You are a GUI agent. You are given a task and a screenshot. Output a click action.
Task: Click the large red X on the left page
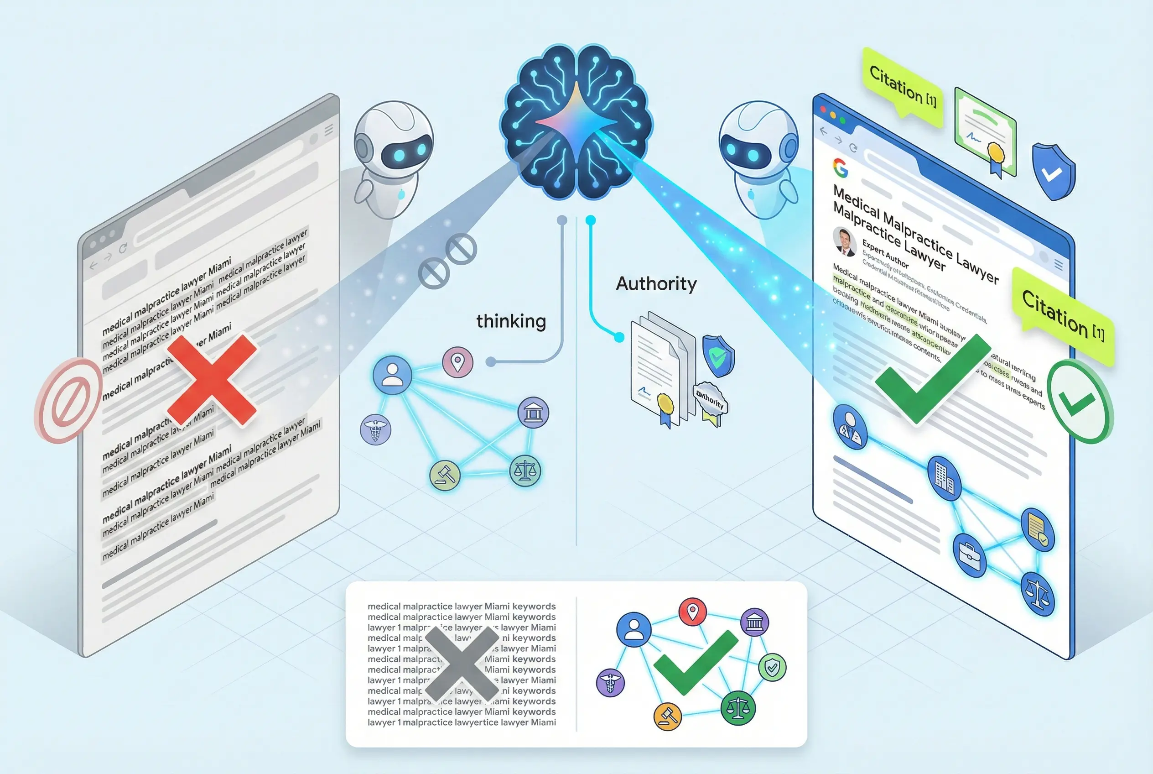[212, 380]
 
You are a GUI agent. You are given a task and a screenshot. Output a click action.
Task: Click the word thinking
[511, 321]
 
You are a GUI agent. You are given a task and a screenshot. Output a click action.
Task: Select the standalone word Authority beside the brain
[656, 284]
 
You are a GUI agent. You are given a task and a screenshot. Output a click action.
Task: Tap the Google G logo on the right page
[841, 168]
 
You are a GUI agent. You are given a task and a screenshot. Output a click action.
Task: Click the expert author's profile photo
[844, 241]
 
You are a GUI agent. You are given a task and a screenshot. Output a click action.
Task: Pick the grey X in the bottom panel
[462, 664]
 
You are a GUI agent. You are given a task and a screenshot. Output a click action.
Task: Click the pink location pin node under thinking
[457, 362]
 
